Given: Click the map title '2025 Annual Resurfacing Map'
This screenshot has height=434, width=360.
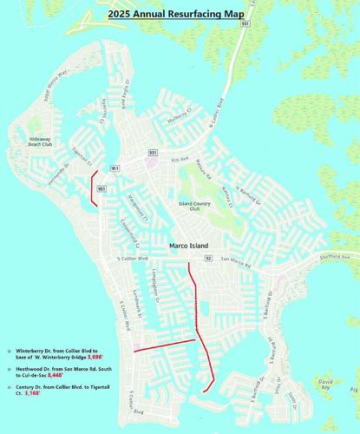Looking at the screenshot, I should coord(180,15).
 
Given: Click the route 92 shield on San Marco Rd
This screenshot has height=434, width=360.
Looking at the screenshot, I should coord(208,259).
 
